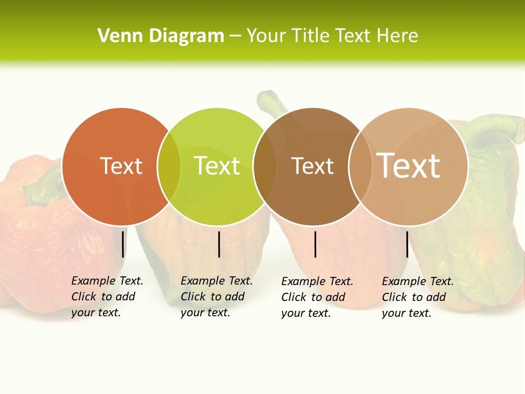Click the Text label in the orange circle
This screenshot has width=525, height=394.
[121, 166]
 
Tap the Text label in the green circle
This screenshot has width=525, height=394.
[217, 166]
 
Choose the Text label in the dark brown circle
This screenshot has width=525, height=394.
[312, 166]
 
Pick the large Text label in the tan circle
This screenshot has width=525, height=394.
[409, 166]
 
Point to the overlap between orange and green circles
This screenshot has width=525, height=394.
[169, 166]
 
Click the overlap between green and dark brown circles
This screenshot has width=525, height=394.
[265, 166]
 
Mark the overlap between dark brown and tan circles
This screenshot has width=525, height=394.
[360, 166]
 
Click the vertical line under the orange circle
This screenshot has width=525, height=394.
[123, 244]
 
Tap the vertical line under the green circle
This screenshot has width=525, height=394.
[219, 244]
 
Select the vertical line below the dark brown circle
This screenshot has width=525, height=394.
[316, 244]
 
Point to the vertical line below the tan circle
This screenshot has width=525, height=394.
[407, 244]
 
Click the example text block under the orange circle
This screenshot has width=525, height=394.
[107, 297]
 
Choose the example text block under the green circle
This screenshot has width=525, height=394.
[216, 297]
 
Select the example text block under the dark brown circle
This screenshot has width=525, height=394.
[317, 297]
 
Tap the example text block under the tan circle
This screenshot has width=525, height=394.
[417, 297]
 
